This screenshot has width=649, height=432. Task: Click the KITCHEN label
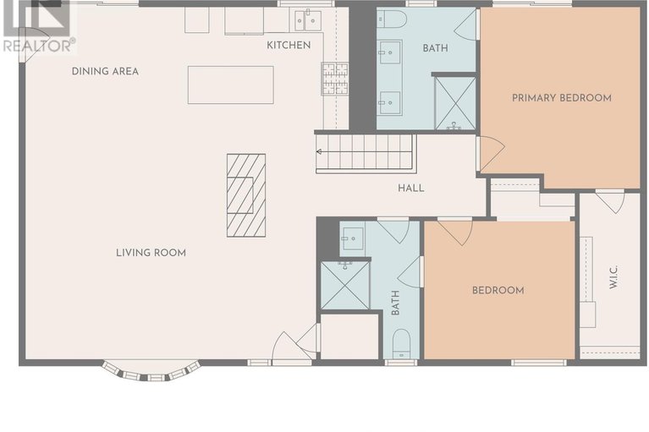click(289, 45)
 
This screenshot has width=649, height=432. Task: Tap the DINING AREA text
click(105, 71)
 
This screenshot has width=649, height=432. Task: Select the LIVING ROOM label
click(151, 253)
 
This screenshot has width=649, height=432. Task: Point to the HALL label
click(411, 188)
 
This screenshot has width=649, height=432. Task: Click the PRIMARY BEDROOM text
click(562, 98)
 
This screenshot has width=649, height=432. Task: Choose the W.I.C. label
click(613, 276)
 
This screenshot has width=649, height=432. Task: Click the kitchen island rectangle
click(230, 85)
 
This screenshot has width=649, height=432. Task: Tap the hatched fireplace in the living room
click(246, 195)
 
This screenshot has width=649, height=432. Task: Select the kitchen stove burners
click(335, 79)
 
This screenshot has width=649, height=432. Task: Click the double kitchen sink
click(307, 20)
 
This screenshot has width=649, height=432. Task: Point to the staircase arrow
click(365, 152)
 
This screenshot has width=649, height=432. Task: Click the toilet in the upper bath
click(393, 19)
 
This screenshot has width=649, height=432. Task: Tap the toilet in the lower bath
click(401, 343)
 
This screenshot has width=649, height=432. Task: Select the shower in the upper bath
click(455, 103)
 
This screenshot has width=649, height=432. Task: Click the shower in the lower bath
click(345, 285)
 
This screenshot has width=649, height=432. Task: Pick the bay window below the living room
click(151, 371)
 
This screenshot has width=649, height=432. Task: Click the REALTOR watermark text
click(39, 45)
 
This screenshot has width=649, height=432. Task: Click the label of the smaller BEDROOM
click(498, 290)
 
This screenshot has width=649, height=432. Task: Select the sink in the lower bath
click(353, 238)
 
